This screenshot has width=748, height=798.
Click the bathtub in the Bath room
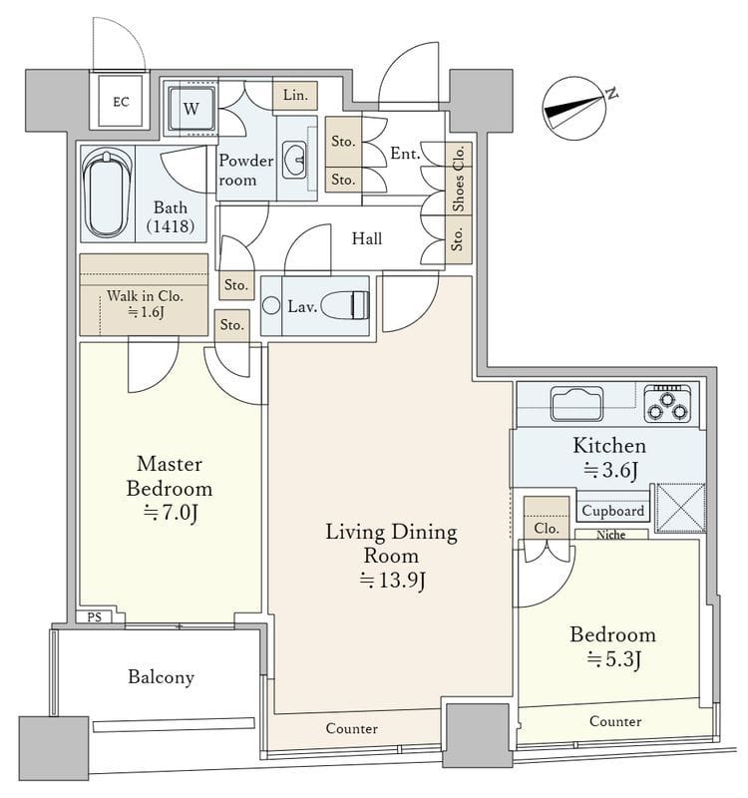[x=107, y=194]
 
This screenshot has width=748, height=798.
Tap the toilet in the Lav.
[x=345, y=305]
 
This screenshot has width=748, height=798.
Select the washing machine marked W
[x=191, y=109]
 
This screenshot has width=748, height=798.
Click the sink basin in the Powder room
[x=294, y=160]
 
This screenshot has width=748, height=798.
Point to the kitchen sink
[x=577, y=404]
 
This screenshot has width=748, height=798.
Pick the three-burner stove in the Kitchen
[x=667, y=404]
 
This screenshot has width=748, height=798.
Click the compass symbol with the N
[x=577, y=109]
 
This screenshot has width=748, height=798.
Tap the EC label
[x=121, y=103]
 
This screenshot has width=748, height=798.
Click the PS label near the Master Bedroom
[x=94, y=617]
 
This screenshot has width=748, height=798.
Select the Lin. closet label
[x=295, y=95]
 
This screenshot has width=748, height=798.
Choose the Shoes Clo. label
[x=459, y=179]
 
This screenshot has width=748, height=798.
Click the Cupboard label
[x=612, y=511]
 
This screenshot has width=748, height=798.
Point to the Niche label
[x=610, y=535]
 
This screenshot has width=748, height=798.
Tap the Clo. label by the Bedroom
[x=546, y=529]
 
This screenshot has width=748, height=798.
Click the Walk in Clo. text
[x=145, y=296]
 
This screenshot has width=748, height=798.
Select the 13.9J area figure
[x=392, y=581]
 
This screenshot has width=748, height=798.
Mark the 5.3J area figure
[x=613, y=659]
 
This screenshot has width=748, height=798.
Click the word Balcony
[x=161, y=677]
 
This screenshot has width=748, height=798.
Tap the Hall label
[x=366, y=238]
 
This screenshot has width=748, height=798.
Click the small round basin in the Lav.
[x=271, y=305]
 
